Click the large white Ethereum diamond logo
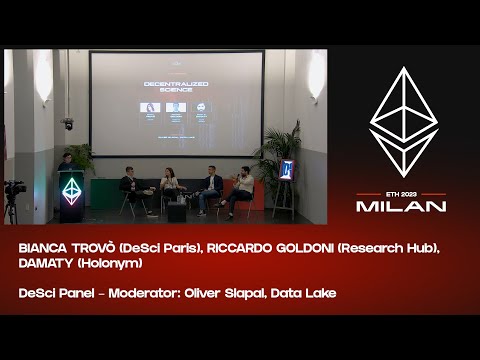tap(402, 122)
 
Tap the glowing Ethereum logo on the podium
tap(71, 190)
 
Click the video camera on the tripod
tap(15, 188)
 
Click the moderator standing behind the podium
tap(65, 165)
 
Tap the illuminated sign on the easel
tap(286, 171)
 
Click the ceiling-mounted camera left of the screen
tap(67, 123)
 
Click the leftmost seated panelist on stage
tap(131, 190)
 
